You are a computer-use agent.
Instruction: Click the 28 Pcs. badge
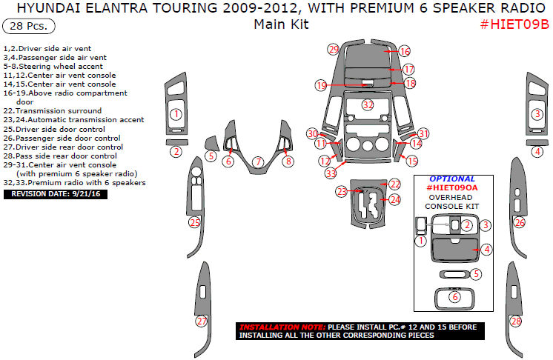pyautogui.click(x=29, y=26)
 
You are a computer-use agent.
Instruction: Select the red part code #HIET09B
pyautogui.click(x=514, y=24)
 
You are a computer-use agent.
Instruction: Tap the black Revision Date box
pyautogui.click(x=56, y=194)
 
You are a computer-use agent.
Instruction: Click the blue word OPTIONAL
pyautogui.click(x=451, y=179)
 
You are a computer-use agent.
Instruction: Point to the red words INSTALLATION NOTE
pyautogui.click(x=282, y=327)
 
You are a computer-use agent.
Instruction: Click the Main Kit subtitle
pyautogui.click(x=281, y=24)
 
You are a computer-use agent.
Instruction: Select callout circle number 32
pyautogui.click(x=368, y=105)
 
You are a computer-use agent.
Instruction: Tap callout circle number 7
pyautogui.click(x=259, y=161)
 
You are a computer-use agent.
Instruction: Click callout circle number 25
pyautogui.click(x=195, y=223)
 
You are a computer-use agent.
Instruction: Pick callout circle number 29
pyautogui.click(x=334, y=50)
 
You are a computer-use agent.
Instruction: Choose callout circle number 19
pyautogui.click(x=321, y=85)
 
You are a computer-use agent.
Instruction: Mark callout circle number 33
pyautogui.click(x=331, y=173)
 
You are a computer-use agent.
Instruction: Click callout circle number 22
pyautogui.click(x=395, y=184)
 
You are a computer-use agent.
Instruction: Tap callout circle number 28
pyautogui.click(x=516, y=321)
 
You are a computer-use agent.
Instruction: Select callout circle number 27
pyautogui.click(x=202, y=321)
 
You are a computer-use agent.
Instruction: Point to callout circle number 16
pyautogui.click(x=405, y=51)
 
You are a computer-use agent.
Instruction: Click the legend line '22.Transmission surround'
pyautogui.click(x=53, y=111)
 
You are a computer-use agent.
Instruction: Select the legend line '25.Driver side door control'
pyautogui.click(x=54, y=130)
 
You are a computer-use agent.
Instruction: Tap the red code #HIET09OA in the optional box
pyautogui.click(x=451, y=187)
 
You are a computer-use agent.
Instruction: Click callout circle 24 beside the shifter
pyautogui.click(x=395, y=200)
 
